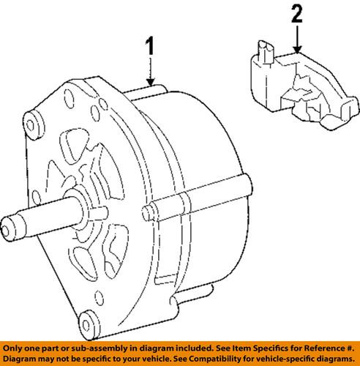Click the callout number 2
click(296, 14)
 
